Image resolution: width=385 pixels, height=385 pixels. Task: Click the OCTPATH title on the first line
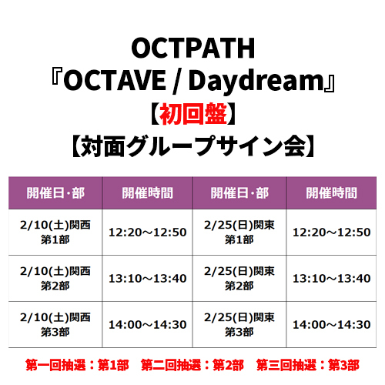[x=192, y=48]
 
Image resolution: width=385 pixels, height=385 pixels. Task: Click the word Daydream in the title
[x=256, y=82]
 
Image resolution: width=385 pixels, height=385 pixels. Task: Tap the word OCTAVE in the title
[x=115, y=80]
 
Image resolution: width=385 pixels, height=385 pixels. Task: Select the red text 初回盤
[x=193, y=114]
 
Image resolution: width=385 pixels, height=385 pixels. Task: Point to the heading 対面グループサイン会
[x=192, y=146]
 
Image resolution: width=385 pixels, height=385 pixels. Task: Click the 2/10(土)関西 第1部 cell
[x=55, y=233]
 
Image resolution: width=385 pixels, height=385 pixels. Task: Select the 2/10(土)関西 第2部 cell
[x=55, y=279]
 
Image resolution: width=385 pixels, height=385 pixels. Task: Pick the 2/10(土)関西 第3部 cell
[x=55, y=325]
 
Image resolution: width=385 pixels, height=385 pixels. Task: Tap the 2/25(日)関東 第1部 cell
[x=239, y=233]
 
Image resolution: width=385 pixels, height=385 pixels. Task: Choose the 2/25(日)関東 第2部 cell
[x=239, y=279]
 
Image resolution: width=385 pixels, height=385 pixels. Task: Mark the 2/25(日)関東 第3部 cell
[x=239, y=325]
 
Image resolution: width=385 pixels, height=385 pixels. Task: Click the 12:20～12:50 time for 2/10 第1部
[x=147, y=233]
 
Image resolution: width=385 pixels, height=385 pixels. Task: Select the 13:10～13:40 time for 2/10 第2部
[x=147, y=279]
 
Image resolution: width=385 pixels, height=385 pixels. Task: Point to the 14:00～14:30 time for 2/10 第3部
[x=147, y=325]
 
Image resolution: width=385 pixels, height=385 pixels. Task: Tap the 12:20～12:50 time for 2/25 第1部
[x=331, y=233]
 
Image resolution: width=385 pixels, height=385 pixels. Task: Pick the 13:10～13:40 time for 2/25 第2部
[x=331, y=279]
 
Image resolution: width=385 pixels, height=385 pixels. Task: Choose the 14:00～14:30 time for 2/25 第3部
[x=331, y=325]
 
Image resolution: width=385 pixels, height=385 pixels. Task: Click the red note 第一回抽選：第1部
[x=77, y=365]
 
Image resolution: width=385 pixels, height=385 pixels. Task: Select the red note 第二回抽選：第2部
[x=192, y=365]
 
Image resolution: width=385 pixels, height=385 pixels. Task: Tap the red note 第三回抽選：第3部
[x=308, y=365]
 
